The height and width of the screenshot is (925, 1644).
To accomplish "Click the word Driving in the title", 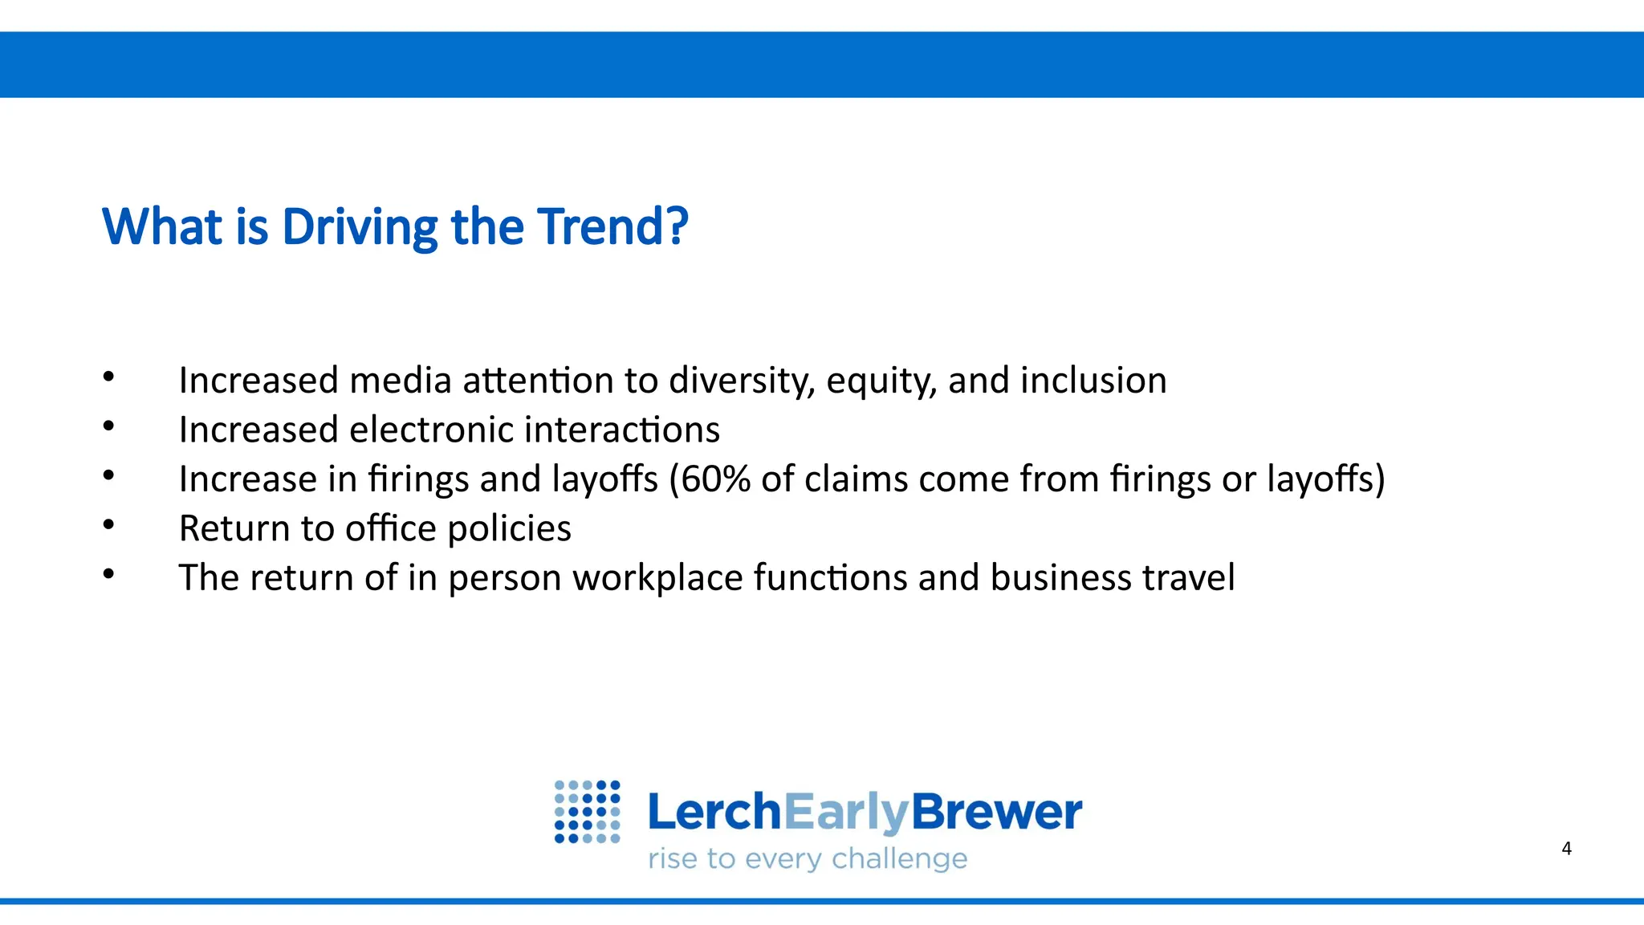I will [x=360, y=227].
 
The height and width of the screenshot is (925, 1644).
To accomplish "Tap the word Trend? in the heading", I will [x=612, y=226].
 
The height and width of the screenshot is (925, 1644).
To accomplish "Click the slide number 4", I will [x=1566, y=849].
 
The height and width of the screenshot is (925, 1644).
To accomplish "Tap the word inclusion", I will [x=1093, y=381].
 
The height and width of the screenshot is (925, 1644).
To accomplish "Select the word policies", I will [x=509, y=529].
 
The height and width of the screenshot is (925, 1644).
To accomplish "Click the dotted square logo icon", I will [x=587, y=812].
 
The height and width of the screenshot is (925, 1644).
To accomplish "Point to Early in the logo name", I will [x=845, y=813].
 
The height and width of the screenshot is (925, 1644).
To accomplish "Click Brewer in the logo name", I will [x=996, y=812].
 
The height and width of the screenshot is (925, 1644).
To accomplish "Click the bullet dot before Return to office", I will [x=109, y=525].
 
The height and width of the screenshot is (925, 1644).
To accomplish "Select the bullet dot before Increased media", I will [x=109, y=377].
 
